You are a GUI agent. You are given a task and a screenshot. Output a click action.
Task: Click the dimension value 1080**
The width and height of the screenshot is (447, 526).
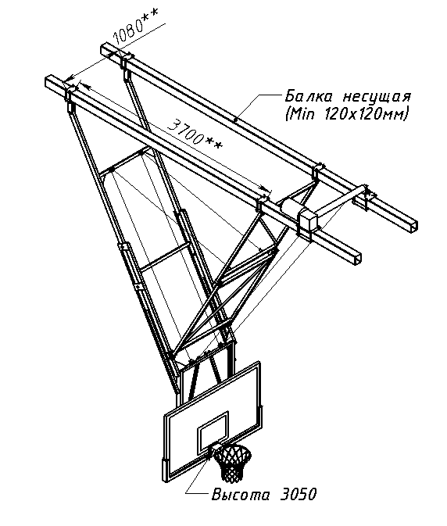tap(135, 26)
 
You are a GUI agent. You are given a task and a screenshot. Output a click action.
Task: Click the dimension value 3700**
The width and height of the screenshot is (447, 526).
tap(195, 135)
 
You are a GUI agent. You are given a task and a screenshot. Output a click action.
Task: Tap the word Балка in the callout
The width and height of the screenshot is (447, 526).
tap(309, 97)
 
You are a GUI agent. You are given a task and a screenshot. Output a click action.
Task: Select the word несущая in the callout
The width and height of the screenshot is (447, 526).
tap(377, 97)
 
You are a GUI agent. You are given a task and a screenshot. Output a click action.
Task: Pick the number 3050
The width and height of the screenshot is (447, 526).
tap(298, 495)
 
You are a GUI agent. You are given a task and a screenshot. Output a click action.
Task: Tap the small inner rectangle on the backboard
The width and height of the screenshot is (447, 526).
tap(213, 431)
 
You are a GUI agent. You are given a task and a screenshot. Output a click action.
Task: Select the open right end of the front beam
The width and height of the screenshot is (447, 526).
tap(358, 259)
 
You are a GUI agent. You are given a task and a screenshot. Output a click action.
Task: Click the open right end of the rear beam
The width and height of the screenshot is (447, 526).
tap(413, 226)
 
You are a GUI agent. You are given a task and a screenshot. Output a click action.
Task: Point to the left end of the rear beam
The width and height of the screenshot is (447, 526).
tap(103, 49)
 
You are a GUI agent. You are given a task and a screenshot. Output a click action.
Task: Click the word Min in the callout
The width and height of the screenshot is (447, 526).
tap(302, 114)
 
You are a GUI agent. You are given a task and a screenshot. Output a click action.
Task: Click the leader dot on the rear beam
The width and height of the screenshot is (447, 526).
tap(236, 120)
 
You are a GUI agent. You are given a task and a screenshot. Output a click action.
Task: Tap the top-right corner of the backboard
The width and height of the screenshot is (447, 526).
tap(259, 362)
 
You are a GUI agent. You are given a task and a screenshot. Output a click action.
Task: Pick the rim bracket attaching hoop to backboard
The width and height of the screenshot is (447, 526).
tap(215, 449)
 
